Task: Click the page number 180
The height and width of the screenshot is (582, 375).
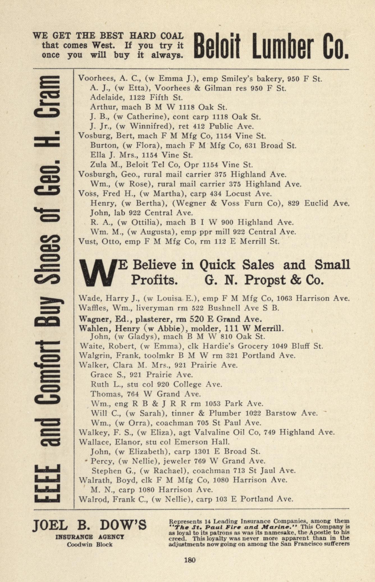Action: pos(189,560)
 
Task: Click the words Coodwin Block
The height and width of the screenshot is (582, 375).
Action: pos(90,544)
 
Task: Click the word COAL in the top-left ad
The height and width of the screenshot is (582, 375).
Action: pos(171,36)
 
